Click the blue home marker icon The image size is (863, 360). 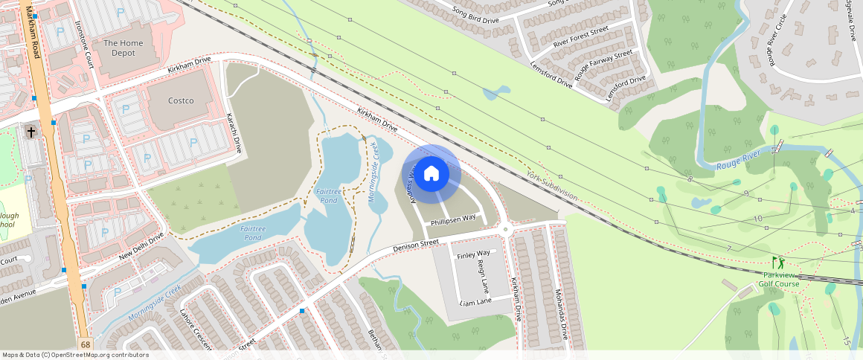pyautogui.click(x=431, y=174)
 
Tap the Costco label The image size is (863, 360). pyautogui.click(x=181, y=100)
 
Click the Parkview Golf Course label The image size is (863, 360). pyautogui.click(x=779, y=280)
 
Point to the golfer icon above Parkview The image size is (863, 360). pyautogui.click(x=778, y=263)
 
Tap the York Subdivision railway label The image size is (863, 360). pyautogui.click(x=551, y=184)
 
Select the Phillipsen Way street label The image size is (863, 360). pyautogui.click(x=453, y=219)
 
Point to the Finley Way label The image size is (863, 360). pyautogui.click(x=473, y=254)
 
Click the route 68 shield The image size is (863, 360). pyautogui.click(x=86, y=344)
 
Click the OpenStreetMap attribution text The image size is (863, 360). pyautogui.click(x=75, y=355)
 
